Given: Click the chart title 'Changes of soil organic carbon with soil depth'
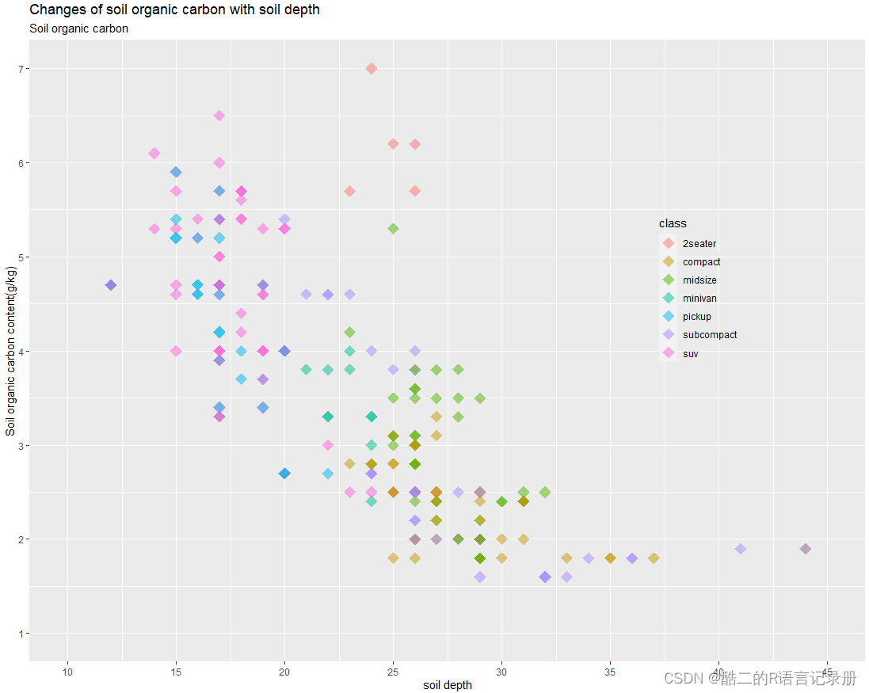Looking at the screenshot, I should (x=174, y=10).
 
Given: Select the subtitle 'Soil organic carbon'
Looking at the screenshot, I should (x=78, y=29).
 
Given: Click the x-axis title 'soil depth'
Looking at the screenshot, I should (x=448, y=685).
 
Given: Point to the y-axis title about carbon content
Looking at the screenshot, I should (x=10, y=351).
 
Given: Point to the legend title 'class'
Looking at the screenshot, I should (x=673, y=224).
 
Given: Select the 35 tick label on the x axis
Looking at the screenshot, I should (x=610, y=672).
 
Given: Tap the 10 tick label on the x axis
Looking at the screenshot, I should (x=67, y=672).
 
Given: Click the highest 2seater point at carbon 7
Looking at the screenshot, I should (x=372, y=69).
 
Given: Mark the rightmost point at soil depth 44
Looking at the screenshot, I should (x=806, y=549).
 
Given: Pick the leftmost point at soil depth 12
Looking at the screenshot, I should (x=111, y=285).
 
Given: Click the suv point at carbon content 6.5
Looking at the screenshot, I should (x=219, y=116).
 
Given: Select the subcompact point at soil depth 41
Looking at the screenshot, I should (x=741, y=549).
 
